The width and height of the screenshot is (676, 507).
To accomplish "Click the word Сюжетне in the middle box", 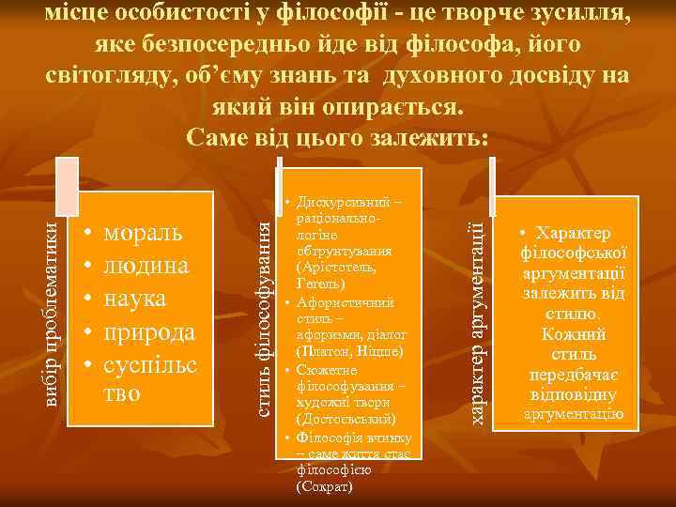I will pos(325,370).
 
